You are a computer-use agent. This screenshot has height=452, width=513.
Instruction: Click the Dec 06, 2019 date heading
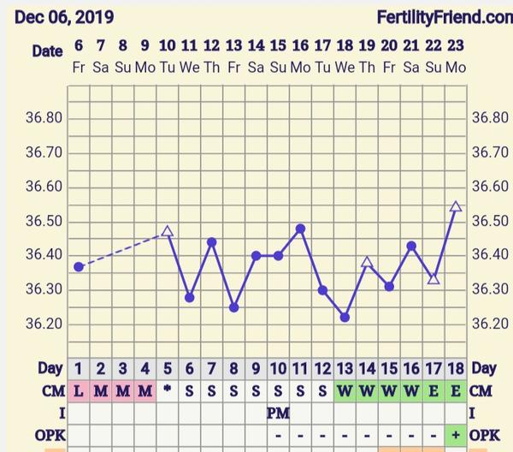[64, 17]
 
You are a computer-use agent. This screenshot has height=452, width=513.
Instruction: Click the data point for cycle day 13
[345, 317]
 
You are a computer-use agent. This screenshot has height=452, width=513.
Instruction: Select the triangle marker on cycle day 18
[456, 206]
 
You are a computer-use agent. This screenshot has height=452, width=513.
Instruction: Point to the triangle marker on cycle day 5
[168, 231]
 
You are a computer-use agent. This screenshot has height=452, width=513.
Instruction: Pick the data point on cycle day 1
[79, 267]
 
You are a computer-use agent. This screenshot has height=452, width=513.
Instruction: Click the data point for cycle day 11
[300, 229]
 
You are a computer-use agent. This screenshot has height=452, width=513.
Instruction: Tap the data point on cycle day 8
[233, 307]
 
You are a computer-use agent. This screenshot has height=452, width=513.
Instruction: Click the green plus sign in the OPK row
[456, 436]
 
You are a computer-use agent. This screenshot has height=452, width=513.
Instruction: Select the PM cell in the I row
[278, 413]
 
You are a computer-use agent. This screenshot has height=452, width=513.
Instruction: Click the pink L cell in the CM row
[79, 391]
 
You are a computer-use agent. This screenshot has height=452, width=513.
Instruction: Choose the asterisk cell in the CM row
[168, 391]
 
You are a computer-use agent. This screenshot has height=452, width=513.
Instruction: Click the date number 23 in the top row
[456, 46]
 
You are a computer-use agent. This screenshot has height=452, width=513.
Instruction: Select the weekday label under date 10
[168, 67]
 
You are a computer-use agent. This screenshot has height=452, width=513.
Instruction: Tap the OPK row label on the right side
[486, 436]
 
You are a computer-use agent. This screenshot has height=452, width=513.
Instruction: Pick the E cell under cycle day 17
[433, 391]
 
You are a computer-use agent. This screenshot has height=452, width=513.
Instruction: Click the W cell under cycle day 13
[345, 391]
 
